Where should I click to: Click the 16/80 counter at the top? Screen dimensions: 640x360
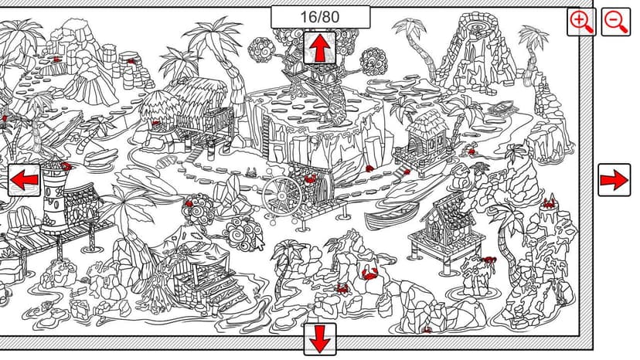321,17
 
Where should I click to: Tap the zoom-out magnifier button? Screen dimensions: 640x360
615,22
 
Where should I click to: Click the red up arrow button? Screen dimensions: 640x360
319,48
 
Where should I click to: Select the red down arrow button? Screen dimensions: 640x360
319,339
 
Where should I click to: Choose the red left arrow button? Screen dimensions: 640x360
24,179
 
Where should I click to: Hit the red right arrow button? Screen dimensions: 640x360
614,179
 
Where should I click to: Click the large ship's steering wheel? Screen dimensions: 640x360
282,195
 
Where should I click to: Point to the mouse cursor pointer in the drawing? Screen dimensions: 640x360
259,243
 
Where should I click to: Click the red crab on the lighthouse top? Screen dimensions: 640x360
66,166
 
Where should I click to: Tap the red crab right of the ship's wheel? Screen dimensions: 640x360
310,178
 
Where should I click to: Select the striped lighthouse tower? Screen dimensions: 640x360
55,196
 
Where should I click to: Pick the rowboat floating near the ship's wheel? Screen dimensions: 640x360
385,217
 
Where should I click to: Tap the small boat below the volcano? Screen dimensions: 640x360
503,107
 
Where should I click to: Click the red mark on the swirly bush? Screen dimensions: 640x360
189,203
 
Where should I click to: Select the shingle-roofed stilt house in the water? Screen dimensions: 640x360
446,229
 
